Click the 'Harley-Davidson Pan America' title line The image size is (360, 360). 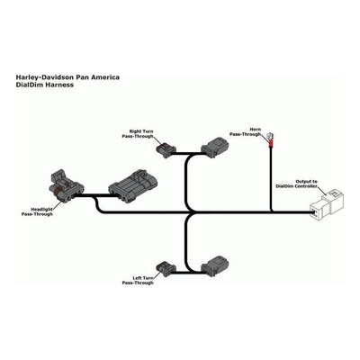point(67,77)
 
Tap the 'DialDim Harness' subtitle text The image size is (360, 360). point(45,85)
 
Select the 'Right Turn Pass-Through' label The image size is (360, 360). point(138,134)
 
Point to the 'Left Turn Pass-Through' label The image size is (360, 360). point(138,280)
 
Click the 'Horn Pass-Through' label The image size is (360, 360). point(246,131)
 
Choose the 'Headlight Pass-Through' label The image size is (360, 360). point(37,211)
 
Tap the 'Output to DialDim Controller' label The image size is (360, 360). point(296,184)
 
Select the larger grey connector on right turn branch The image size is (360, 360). point(214,147)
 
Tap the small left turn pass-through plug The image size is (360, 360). point(166,268)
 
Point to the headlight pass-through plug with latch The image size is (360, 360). point(66,187)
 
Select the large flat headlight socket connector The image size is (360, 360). point(133,186)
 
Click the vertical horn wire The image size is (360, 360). point(271,180)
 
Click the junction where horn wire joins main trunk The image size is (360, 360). point(271,212)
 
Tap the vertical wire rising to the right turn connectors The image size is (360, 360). point(186,183)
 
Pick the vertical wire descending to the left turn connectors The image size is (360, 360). point(186,243)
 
